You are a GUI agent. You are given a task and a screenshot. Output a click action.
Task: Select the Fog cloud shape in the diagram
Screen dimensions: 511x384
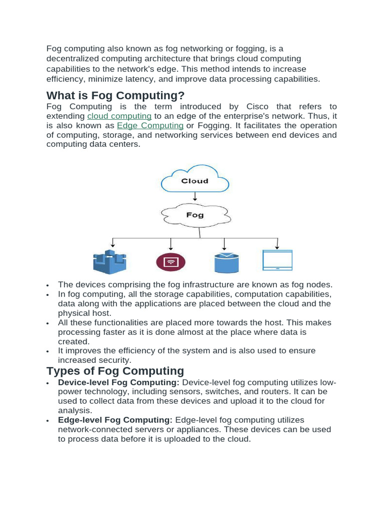[195, 215]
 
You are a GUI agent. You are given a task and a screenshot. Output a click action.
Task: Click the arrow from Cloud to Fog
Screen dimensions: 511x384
[195, 197]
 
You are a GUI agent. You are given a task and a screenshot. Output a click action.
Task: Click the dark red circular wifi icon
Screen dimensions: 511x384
[170, 261]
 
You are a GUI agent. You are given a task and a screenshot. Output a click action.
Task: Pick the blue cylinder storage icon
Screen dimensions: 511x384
[226, 262]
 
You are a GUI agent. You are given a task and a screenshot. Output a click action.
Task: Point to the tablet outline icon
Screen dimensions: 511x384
[277, 260]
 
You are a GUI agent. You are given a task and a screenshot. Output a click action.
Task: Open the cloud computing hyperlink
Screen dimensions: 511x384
[119, 116]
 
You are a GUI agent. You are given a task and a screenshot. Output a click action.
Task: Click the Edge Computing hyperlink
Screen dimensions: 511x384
[150, 125]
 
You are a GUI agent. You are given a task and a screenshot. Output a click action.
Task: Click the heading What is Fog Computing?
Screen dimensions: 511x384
[115, 95]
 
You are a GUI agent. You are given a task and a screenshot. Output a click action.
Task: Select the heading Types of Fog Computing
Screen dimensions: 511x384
[115, 371]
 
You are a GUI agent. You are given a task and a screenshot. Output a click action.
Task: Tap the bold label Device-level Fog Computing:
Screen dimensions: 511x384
[118, 382]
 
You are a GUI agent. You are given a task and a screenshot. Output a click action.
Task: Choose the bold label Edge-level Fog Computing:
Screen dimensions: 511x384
[115, 420]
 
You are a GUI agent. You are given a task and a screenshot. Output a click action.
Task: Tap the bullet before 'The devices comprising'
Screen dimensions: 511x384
[48, 285]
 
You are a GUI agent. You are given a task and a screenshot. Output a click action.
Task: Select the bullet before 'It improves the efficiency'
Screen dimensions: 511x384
[48, 351]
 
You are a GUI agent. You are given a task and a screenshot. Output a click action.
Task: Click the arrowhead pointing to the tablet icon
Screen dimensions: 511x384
[278, 247]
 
